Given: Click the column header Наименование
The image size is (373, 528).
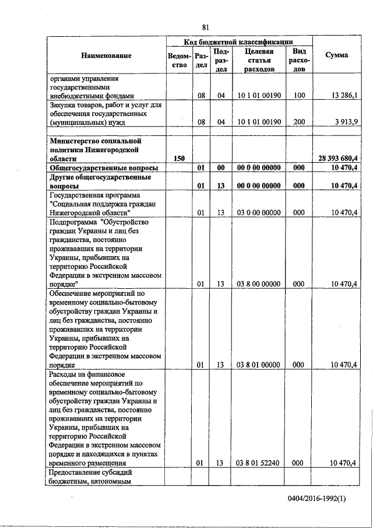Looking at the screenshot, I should [x=107, y=55].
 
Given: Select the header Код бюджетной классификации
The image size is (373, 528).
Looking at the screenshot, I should [x=238, y=42].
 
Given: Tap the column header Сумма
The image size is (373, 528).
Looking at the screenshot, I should [x=337, y=55].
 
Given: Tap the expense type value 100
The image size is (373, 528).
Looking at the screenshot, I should [x=300, y=95].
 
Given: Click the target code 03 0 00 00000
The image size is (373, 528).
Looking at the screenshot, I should [x=259, y=213].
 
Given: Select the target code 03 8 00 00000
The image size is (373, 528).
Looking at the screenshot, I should [x=259, y=284].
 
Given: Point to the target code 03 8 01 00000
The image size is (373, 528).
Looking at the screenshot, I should [x=259, y=365].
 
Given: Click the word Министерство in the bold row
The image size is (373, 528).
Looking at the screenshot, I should [x=75, y=141].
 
